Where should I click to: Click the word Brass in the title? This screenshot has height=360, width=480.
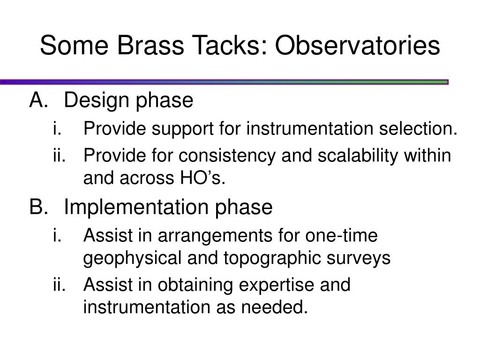(x=150, y=45)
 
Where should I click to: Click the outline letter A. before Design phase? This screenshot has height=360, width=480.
(x=39, y=100)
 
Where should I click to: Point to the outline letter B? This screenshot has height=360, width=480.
(x=39, y=207)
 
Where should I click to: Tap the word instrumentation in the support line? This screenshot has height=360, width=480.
(x=310, y=128)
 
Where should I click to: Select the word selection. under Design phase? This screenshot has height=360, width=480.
(x=418, y=128)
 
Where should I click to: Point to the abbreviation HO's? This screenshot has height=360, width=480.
(x=202, y=178)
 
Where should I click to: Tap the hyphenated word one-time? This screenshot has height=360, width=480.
(x=341, y=235)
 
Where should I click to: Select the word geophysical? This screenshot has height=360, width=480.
(x=133, y=259)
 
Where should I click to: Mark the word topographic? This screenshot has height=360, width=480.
(x=272, y=259)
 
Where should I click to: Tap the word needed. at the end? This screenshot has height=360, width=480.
(x=274, y=307)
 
